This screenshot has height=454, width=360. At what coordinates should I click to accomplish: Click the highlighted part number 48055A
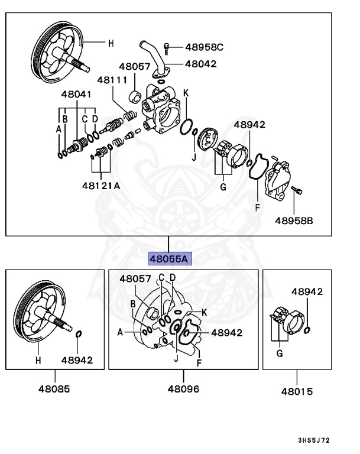[168, 258]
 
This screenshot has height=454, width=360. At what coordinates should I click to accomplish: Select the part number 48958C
[204, 47]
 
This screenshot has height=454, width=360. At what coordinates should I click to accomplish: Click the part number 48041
[77, 94]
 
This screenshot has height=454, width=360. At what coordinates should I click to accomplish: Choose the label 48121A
[101, 186]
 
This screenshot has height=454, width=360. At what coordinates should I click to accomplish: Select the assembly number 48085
[54, 389]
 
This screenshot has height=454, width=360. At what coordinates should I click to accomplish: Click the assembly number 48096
[183, 389]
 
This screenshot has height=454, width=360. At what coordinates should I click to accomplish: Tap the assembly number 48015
[297, 391]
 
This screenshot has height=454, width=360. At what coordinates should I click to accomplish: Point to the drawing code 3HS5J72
[314, 441]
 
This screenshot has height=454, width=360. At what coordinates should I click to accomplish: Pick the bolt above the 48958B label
[298, 190]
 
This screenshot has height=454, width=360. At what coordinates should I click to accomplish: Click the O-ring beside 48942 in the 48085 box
[78, 336]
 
